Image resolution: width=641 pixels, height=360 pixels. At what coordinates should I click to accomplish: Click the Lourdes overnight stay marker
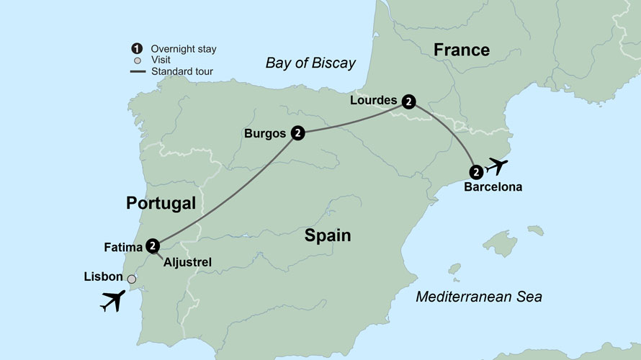[408, 102]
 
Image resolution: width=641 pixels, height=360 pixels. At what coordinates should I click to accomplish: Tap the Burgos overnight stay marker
[297, 133]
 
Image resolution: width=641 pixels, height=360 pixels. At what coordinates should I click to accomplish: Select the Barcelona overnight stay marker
[476, 172]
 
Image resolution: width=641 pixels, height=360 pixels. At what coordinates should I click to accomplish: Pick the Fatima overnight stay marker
[152, 246]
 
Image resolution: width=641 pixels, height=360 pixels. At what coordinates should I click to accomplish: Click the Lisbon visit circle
[132, 279]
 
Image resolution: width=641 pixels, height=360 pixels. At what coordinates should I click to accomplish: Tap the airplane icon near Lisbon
[112, 300]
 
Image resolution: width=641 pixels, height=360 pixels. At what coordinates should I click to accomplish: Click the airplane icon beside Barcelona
[497, 166]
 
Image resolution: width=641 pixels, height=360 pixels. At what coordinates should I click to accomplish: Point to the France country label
[461, 50]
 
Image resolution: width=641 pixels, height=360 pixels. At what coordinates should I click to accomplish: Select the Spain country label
[327, 235]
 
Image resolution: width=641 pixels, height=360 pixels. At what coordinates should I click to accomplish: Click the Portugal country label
[161, 203]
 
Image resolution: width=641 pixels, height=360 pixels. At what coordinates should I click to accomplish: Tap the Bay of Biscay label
[310, 63]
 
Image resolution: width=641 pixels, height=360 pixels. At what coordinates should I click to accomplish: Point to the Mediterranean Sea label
[478, 296]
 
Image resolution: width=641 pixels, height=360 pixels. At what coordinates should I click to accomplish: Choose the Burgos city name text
[266, 133]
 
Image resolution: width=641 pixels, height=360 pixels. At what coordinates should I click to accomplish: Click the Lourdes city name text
[373, 101]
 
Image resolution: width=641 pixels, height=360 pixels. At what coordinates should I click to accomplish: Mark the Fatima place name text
[123, 248]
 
